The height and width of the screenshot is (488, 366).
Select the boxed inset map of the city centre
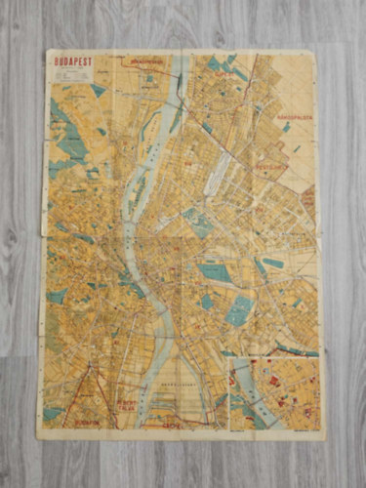pos(274,393)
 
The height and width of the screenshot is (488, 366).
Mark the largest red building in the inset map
pos(274,380)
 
